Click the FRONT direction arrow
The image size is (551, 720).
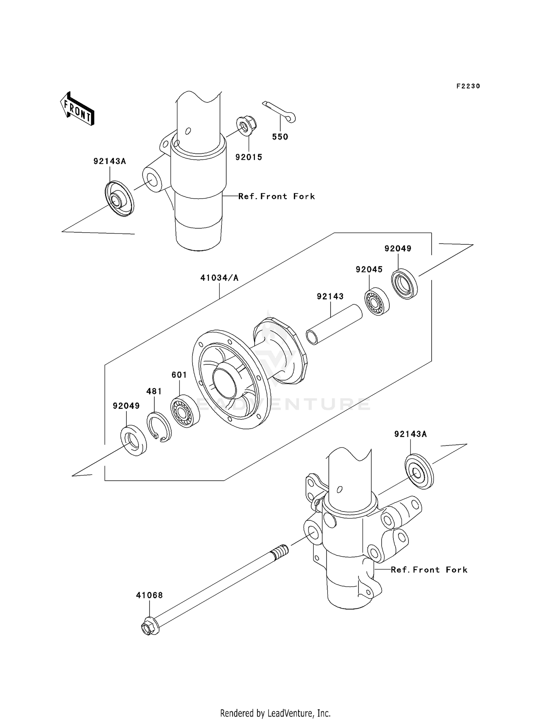click(x=78, y=109)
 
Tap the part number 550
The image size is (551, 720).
click(x=280, y=137)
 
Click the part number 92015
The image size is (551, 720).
click(x=249, y=157)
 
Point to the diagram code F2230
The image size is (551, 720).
click(x=468, y=86)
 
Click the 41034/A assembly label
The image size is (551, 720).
click(x=219, y=278)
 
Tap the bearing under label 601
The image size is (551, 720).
click(x=185, y=410)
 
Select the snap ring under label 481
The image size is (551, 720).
click(x=159, y=427)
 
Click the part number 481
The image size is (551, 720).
click(x=154, y=391)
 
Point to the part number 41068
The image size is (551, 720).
click(x=149, y=595)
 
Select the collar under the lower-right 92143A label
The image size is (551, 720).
click(x=419, y=472)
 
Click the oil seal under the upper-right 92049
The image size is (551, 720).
click(x=404, y=284)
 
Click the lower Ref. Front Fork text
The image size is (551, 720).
click(x=429, y=570)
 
